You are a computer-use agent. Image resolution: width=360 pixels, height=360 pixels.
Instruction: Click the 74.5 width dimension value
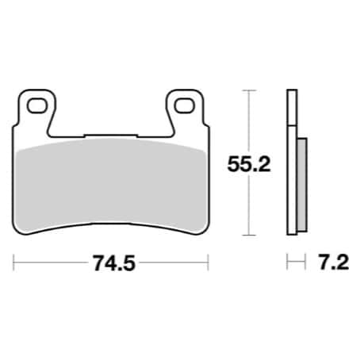(114, 263)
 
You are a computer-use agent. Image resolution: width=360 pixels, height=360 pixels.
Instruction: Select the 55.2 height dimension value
(249, 164)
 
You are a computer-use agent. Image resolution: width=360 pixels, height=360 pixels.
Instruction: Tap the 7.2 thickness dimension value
(334, 262)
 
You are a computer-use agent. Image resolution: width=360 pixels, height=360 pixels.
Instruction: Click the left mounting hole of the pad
(36, 105)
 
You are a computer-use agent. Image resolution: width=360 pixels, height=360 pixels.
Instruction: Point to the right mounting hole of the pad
(184, 105)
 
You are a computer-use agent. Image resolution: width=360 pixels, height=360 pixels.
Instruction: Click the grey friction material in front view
(111, 185)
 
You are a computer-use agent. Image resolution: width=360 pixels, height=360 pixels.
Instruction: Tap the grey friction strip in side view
(302, 185)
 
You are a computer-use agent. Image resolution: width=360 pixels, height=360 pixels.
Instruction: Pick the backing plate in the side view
(292, 162)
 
